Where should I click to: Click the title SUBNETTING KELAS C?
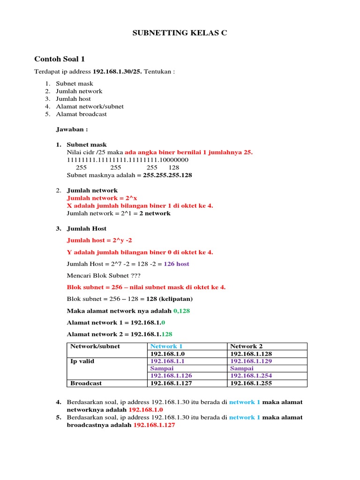(180, 33)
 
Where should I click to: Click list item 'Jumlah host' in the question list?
(73, 99)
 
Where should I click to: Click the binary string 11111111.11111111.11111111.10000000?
(127, 160)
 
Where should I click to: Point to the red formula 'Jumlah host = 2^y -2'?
(96, 240)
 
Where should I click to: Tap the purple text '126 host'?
(176, 264)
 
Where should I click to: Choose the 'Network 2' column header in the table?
(243, 346)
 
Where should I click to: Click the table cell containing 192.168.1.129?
(251, 361)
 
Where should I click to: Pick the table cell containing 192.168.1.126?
(171, 376)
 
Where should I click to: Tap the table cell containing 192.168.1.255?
(251, 383)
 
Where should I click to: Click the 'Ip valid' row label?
(82, 361)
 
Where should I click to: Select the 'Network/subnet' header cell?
(95, 346)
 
